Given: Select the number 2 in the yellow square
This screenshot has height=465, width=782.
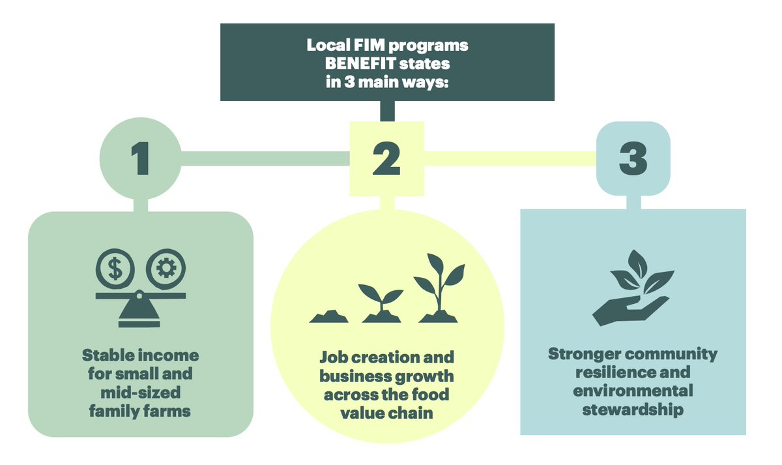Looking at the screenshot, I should (x=386, y=158).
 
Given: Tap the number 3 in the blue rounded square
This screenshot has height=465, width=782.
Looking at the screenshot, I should (x=633, y=158).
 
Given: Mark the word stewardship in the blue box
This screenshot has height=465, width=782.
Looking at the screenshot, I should (x=632, y=410).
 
